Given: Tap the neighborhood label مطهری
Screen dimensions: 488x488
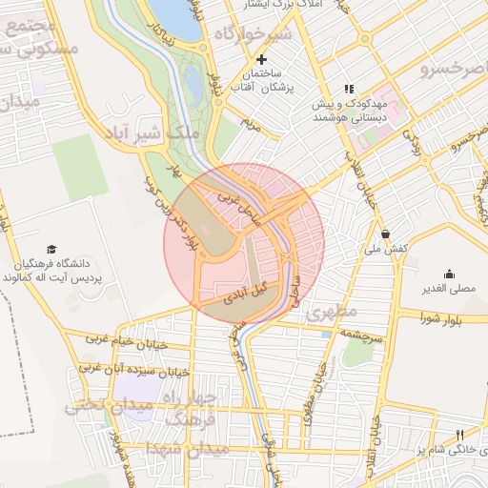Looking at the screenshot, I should [x=333, y=312].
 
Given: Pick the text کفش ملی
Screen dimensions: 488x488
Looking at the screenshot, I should [x=385, y=248].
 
